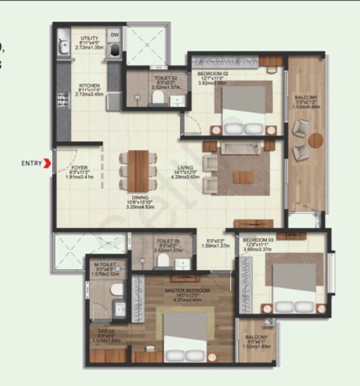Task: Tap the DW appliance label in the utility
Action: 114,35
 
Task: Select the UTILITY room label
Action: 89,38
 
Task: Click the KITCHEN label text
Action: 89,85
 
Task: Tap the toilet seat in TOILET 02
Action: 157,96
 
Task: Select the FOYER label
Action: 80,167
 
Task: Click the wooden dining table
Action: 139,171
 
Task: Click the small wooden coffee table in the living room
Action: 243,177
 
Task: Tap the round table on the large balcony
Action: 316,140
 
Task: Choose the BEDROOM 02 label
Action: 213,74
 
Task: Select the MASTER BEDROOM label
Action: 187,291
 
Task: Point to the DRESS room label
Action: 106,331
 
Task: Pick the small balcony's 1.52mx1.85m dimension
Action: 256,346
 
